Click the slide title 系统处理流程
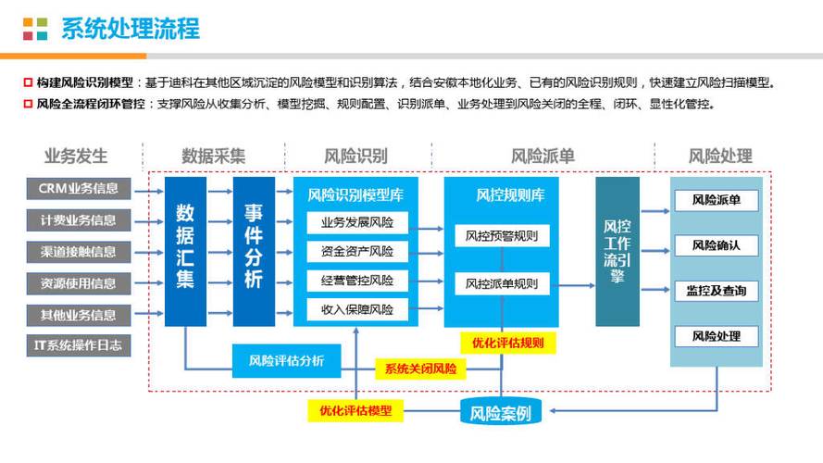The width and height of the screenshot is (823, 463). (130, 28)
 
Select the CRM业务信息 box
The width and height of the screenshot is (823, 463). (79, 189)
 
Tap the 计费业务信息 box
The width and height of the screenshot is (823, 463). (79, 220)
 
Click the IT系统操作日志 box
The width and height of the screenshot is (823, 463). (79, 346)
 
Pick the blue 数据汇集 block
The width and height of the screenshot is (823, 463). (185, 248)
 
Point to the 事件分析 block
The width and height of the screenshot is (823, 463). (254, 248)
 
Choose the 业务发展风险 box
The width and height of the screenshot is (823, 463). (356, 222)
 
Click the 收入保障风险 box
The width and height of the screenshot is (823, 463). (356, 309)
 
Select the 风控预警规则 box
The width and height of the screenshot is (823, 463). (502, 235)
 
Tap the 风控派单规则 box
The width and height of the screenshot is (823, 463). (502, 283)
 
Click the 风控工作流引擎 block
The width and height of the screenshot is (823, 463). (617, 250)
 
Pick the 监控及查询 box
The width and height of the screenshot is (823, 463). (716, 291)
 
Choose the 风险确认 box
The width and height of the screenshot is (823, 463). (716, 245)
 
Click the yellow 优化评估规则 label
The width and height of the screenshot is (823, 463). (507, 343)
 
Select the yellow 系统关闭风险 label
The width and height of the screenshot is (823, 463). (421, 369)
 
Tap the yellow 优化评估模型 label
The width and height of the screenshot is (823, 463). (355, 410)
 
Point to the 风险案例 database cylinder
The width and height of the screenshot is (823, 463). (501, 411)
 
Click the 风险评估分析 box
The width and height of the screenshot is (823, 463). (286, 360)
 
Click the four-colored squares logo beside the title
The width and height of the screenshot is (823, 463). (35, 29)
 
